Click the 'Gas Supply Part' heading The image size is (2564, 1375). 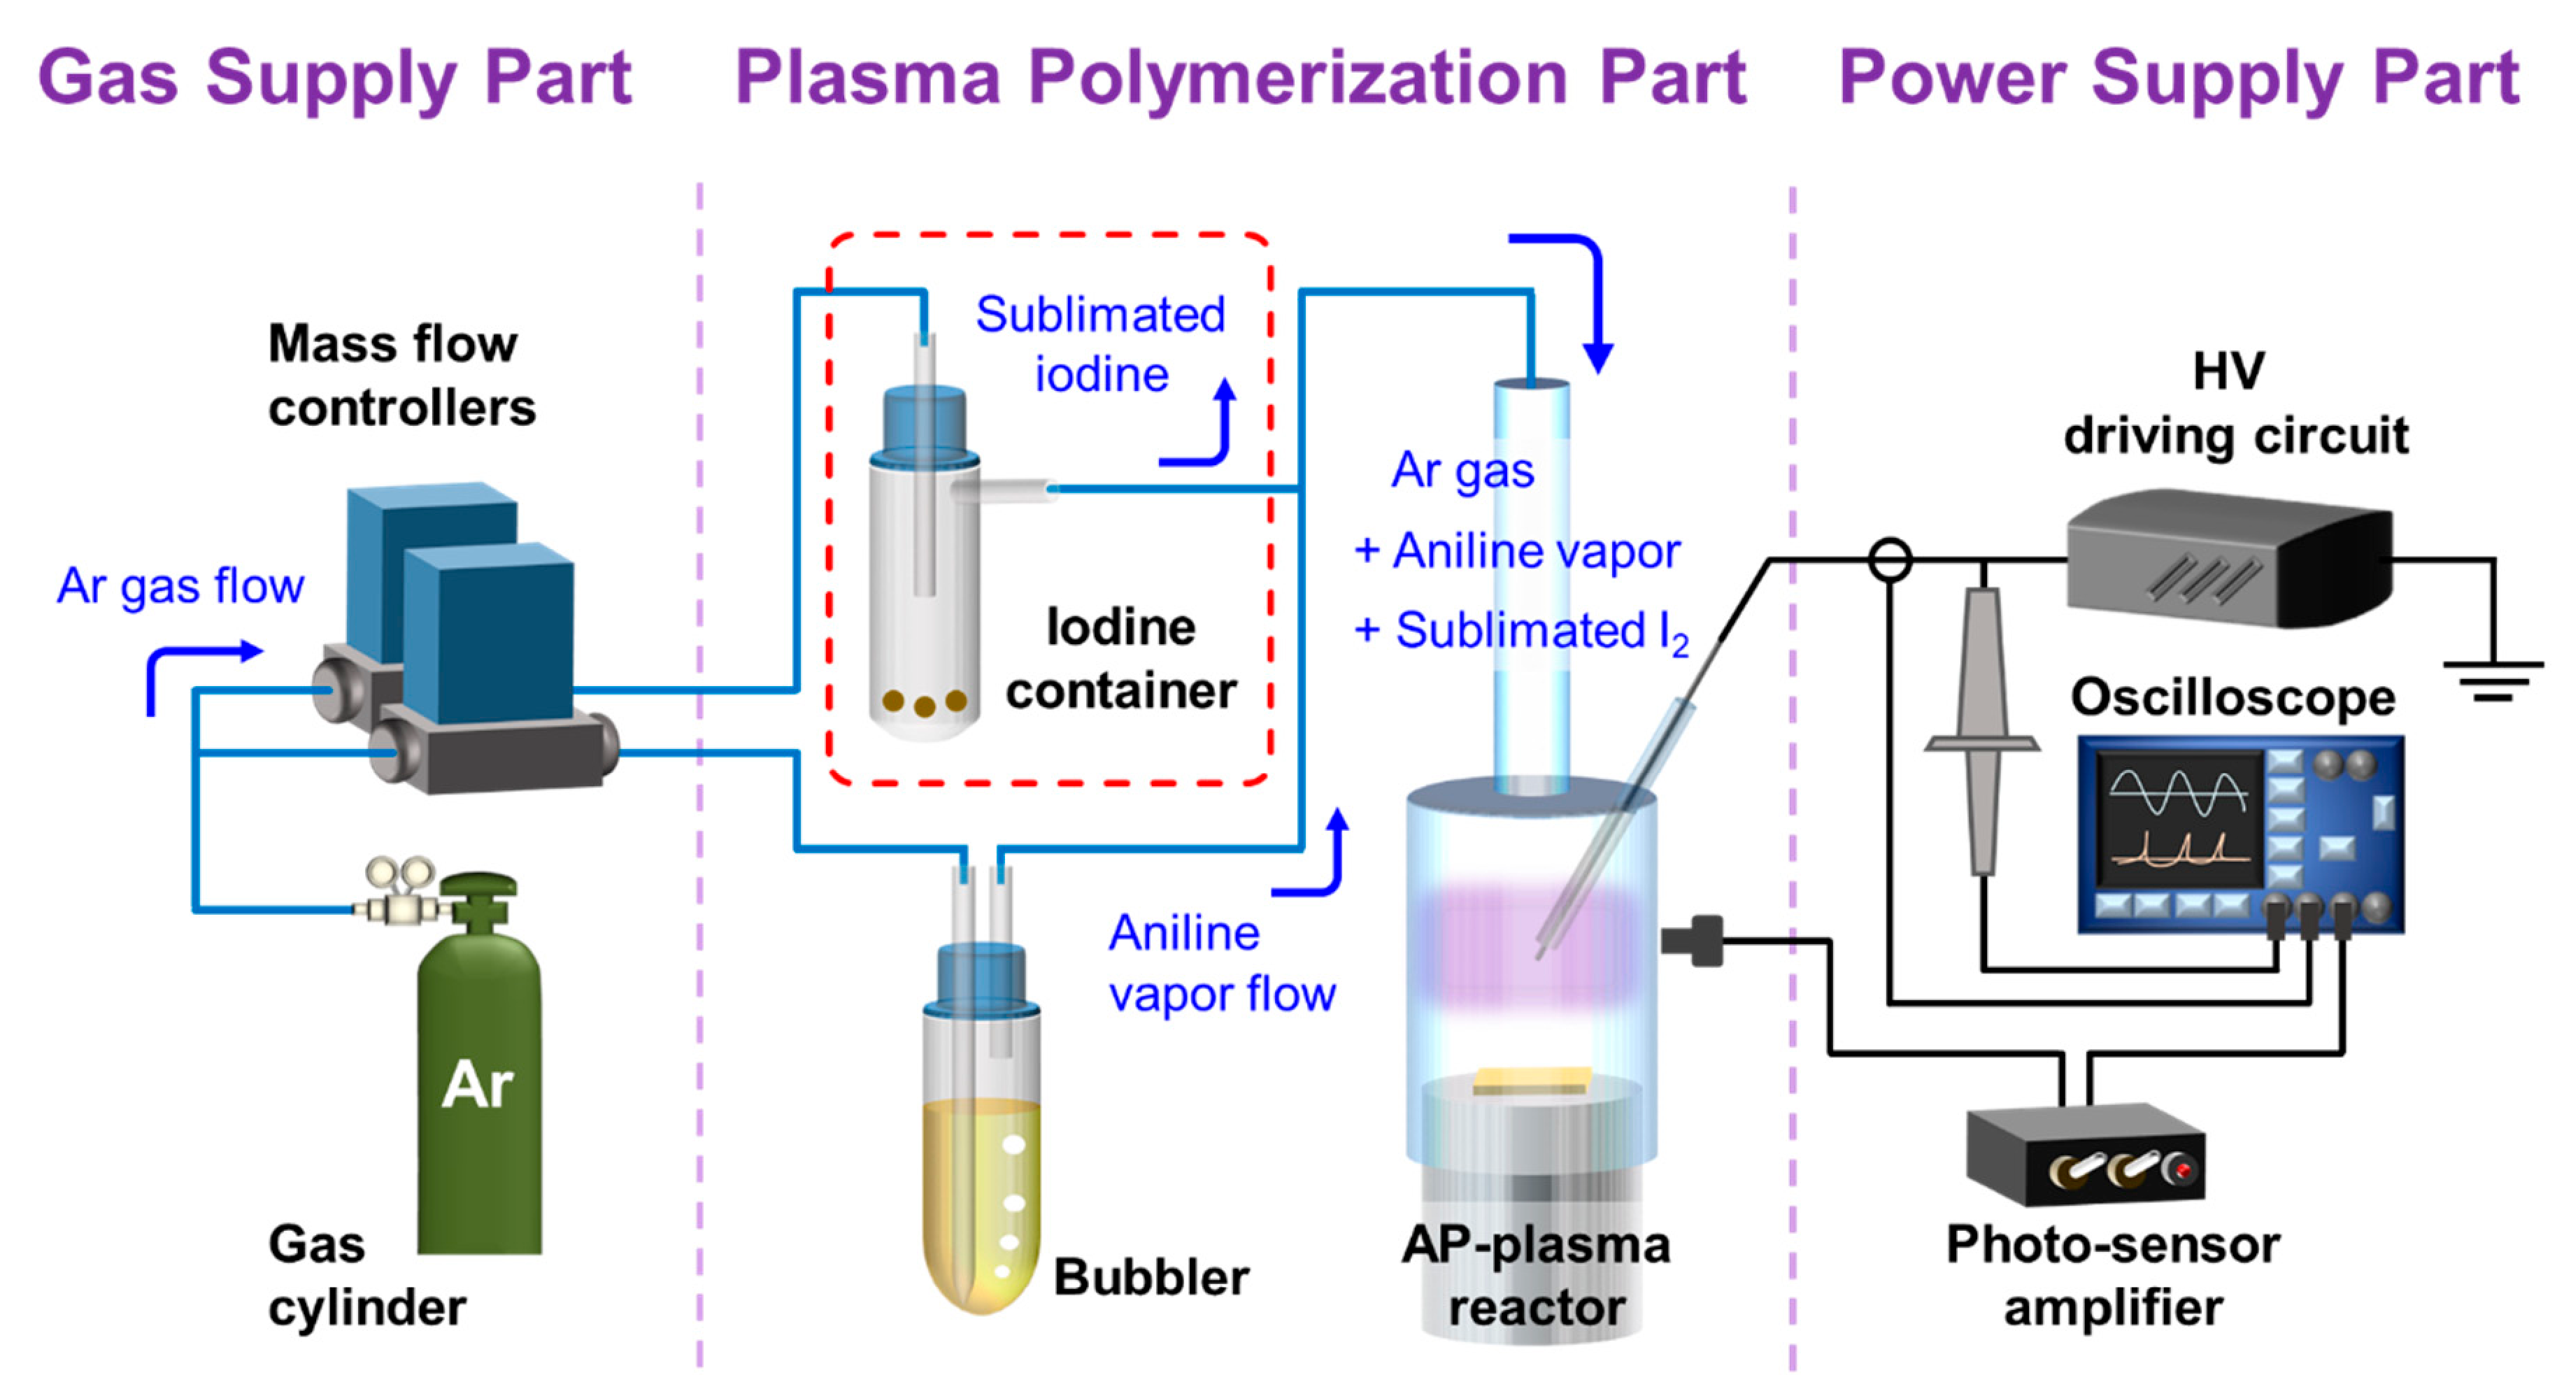tap(334, 78)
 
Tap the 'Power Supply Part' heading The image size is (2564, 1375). tap(2178, 78)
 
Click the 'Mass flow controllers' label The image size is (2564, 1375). tap(401, 376)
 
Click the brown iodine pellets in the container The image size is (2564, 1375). tap(924, 703)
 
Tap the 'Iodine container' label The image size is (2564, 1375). tap(1120, 658)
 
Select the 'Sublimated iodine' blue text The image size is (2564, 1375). tap(1100, 345)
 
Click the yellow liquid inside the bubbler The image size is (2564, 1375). tap(981, 1195)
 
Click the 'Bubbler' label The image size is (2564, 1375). tap(1151, 1276)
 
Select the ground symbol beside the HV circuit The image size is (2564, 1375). tap(2493, 680)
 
